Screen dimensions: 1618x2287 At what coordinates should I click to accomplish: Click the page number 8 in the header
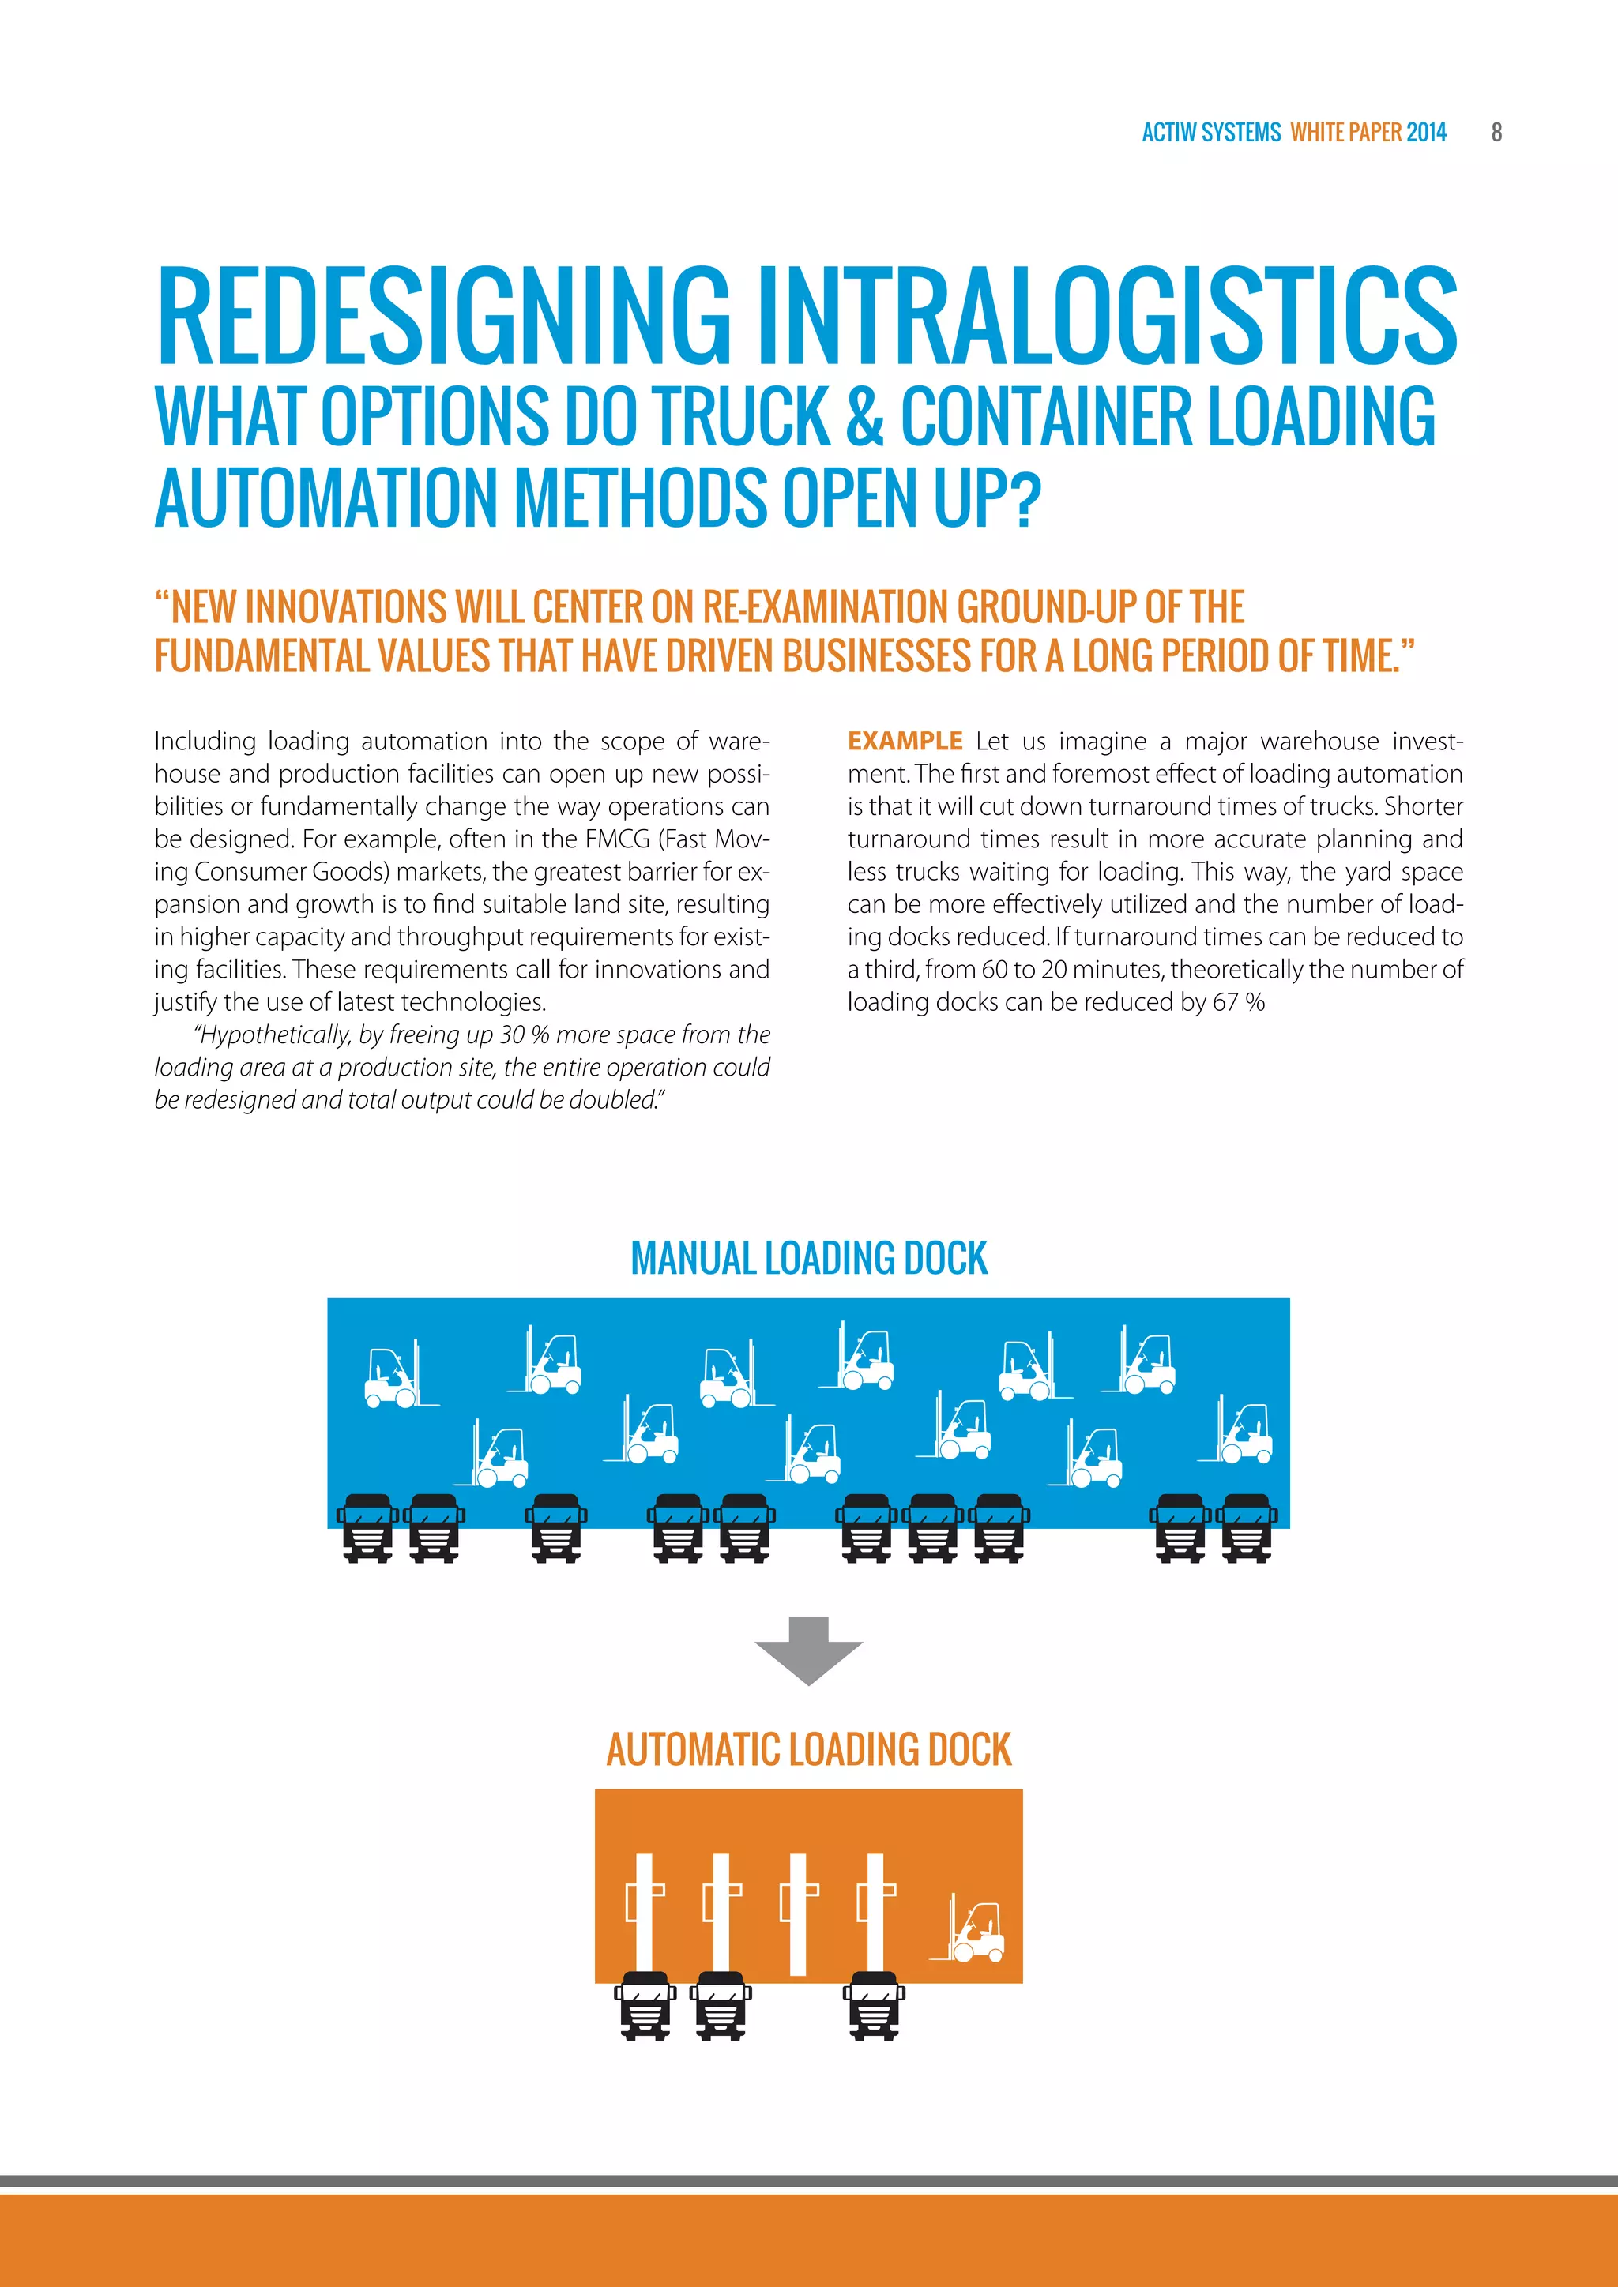coord(1496,133)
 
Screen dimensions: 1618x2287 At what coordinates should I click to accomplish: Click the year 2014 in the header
coord(1426,133)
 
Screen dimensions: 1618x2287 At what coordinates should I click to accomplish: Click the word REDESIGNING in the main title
coord(443,316)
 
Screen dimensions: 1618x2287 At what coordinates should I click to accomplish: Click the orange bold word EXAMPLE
coord(905,741)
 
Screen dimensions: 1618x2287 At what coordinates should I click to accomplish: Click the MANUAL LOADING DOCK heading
coord(809,1258)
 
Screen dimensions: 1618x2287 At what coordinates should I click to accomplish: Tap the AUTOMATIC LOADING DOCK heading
coord(809,1750)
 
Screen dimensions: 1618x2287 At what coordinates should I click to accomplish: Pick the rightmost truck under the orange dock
coord(874,2005)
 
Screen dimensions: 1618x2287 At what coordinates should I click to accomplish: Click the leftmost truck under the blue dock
coord(367,1528)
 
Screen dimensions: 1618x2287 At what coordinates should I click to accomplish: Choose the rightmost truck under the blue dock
coord(1247,1528)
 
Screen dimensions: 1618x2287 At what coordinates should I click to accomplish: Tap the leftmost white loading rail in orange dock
coord(644,1913)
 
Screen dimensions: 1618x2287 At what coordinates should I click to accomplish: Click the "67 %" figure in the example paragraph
coord(1239,1002)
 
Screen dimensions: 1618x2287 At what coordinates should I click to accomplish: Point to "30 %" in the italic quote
coord(526,1035)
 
